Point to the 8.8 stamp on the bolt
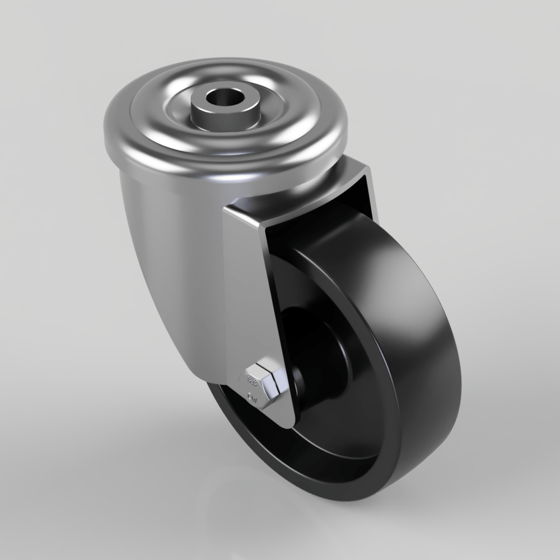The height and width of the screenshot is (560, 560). (253, 382)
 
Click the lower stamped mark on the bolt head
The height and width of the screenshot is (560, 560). (253, 399)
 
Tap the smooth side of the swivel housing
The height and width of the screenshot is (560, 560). (162, 252)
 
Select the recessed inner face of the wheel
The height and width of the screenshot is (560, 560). (336, 414)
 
